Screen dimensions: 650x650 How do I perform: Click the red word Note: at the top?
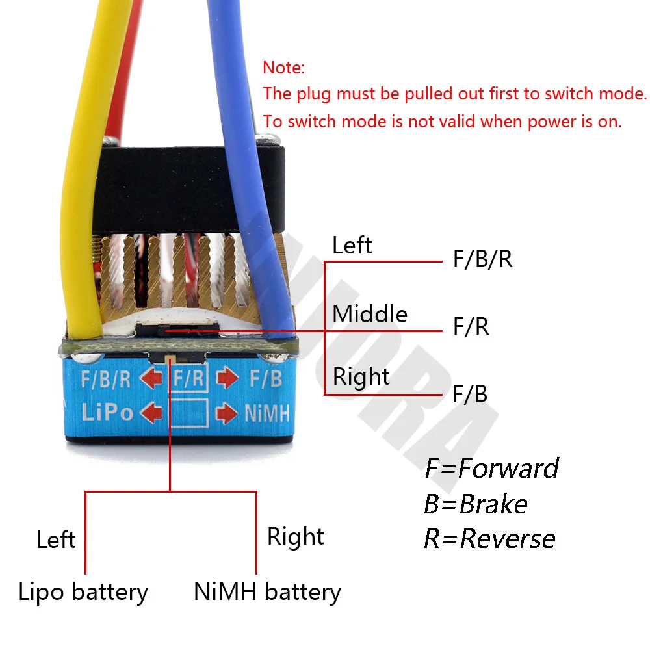pyautogui.click(x=283, y=68)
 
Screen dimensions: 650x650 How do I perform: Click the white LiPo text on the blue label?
pyautogui.click(x=108, y=413)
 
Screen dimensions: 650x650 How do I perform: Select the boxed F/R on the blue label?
pyautogui.click(x=190, y=378)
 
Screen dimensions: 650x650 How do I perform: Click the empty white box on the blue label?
pyautogui.click(x=190, y=413)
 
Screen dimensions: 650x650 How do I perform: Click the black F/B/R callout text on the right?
pyautogui.click(x=482, y=259)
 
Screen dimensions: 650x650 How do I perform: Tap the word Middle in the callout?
pyautogui.click(x=370, y=315)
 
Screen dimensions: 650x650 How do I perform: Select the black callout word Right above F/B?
pyautogui.click(x=361, y=377)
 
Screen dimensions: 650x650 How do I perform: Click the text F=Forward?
pyautogui.click(x=491, y=469)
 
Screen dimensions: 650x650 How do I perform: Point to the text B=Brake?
pyautogui.click(x=475, y=504)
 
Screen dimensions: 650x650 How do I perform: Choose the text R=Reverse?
pyautogui.click(x=489, y=539)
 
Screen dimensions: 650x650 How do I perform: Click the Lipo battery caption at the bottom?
pyautogui.click(x=83, y=592)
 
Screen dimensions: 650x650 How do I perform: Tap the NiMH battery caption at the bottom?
pyautogui.click(x=267, y=592)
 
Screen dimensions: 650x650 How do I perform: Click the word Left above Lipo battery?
pyautogui.click(x=56, y=539)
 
